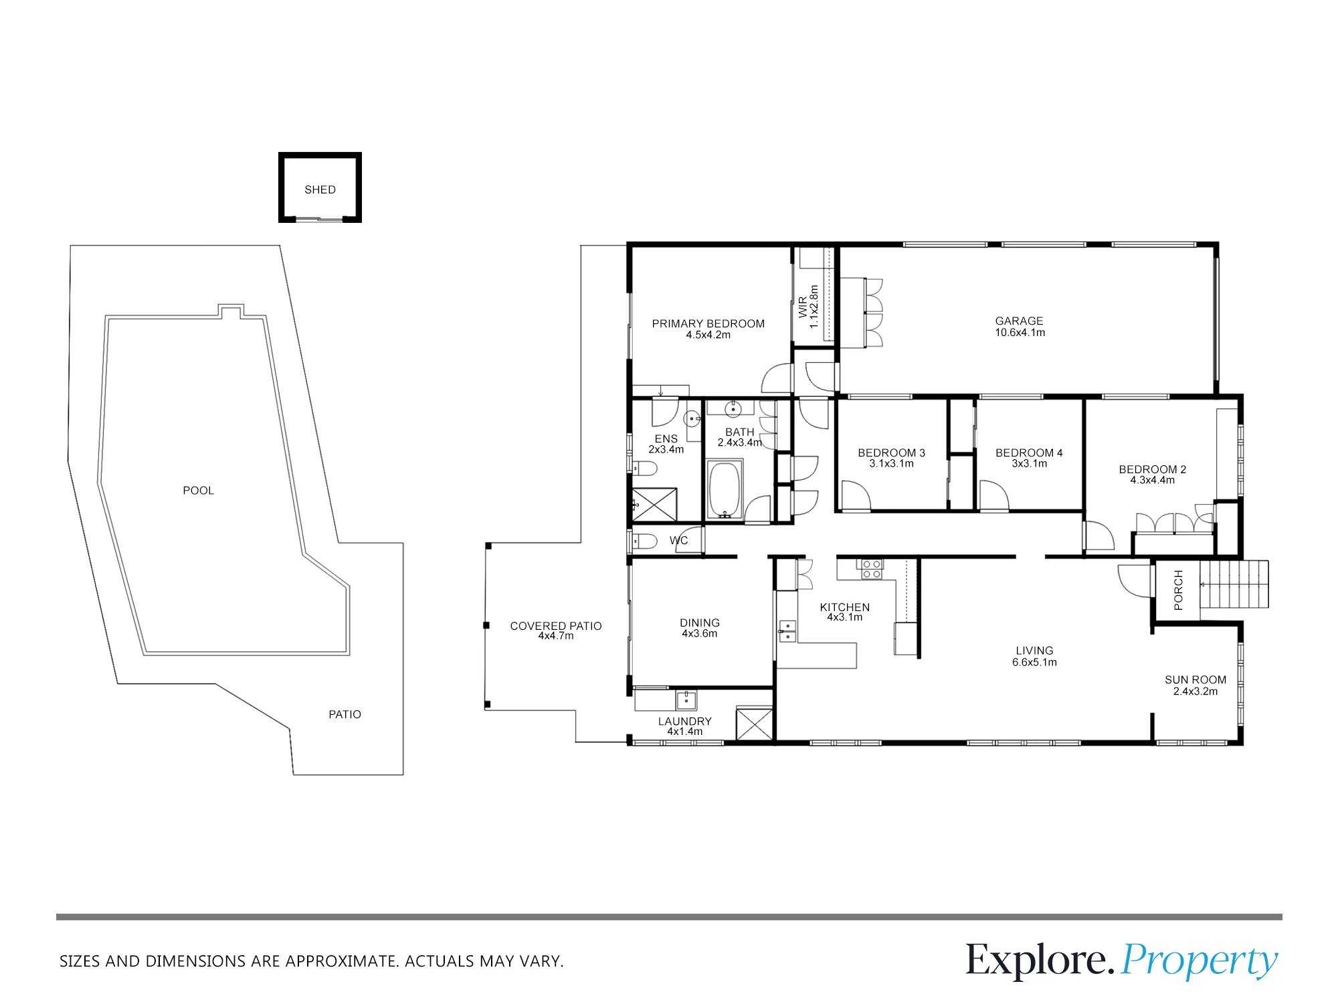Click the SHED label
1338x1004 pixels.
[x=320, y=190]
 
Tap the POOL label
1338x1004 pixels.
[x=199, y=491]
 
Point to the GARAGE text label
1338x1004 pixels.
[x=1019, y=321]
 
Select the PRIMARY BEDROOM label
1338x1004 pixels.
[x=708, y=324]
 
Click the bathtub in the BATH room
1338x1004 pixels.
[x=725, y=489]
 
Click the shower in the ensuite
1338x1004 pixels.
[x=654, y=505]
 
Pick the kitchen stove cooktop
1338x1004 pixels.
[x=872, y=569]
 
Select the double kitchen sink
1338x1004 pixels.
[x=787, y=631]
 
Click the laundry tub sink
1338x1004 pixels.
[x=686, y=700]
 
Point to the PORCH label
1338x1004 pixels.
[x=1179, y=590]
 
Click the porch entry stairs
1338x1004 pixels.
[x=1234, y=584]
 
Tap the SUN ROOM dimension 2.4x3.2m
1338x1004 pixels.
[x=1196, y=691]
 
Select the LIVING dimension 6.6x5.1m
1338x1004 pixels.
[x=1035, y=663]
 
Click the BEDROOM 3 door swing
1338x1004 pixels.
[x=856, y=496]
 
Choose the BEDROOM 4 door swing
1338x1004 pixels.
[x=994, y=496]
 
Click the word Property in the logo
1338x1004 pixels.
[x=1200, y=961]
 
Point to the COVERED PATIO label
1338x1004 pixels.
[x=556, y=626]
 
